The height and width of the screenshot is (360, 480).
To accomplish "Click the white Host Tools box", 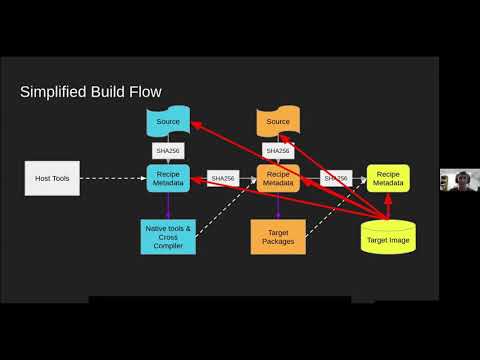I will click(52, 178).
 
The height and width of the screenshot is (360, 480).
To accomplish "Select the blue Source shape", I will click(167, 122).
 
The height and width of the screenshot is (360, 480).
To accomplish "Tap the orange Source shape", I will click(278, 122).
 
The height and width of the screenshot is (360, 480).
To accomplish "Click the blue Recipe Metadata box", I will click(167, 178).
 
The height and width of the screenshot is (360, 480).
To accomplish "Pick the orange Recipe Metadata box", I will click(278, 178).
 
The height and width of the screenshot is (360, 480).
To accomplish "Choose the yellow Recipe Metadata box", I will click(386, 178).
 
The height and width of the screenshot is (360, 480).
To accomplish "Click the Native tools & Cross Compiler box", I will click(167, 237).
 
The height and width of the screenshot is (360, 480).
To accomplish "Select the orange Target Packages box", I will click(278, 237).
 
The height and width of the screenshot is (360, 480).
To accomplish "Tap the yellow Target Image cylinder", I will click(386, 238).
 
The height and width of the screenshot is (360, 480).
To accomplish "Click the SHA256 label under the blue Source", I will click(167, 151).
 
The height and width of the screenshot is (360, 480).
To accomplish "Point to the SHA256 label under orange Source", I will click(278, 151).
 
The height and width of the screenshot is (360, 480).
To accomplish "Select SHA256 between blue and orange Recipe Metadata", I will click(222, 178).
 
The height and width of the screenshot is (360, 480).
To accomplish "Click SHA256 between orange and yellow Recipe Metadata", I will click(334, 178).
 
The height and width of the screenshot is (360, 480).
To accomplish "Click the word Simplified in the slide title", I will click(55, 93).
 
